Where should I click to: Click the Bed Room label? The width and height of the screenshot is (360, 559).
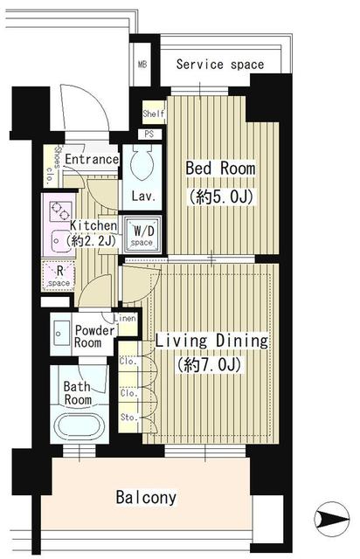pos(220,169)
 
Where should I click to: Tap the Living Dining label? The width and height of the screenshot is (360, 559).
pos(211,342)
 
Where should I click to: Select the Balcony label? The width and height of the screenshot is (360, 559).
pos(146,497)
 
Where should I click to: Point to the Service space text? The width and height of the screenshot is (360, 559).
pos(220,65)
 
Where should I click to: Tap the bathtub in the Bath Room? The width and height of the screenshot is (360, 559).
pos(80,426)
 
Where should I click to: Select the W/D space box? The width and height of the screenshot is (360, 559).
pos(142,235)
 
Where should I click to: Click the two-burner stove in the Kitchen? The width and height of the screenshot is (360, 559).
pos(60,211)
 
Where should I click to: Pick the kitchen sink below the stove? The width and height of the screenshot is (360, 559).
pos(59,241)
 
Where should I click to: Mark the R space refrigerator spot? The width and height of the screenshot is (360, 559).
pos(59,276)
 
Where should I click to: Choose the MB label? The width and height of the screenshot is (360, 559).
pos(142,65)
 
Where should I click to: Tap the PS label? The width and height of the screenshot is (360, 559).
pos(149,134)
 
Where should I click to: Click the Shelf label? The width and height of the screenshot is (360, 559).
pos(154,114)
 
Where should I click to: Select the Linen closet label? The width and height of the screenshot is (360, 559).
pos(125,318)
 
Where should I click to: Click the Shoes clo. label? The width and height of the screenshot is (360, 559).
pos(52,165)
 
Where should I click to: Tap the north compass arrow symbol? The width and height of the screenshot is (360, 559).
pos(331,519)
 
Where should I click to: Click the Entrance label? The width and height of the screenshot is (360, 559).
pos(92,159)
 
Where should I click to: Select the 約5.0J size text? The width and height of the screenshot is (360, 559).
pos(221,197)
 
